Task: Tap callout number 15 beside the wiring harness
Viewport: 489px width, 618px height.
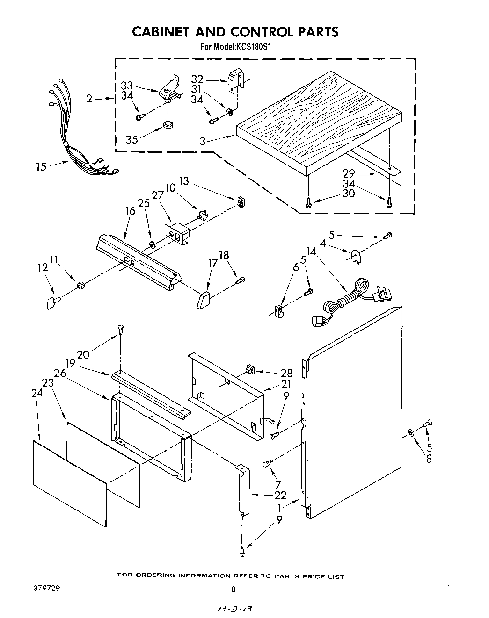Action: (41, 167)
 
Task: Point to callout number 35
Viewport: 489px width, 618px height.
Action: (131, 139)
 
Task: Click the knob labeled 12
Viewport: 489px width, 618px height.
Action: (53, 302)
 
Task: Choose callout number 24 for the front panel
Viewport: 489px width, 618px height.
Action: (37, 393)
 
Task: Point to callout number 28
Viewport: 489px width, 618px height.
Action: (286, 373)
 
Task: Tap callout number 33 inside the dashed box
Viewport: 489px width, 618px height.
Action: (126, 86)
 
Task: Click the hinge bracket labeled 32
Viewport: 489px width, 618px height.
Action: (235, 80)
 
